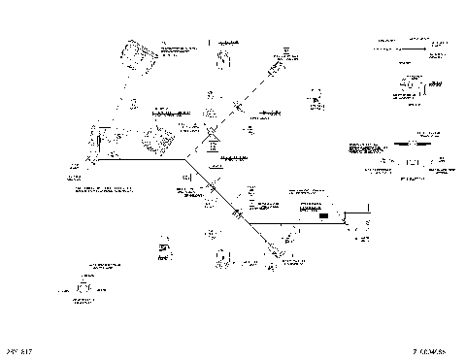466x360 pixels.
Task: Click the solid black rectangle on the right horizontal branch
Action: [x=323, y=216]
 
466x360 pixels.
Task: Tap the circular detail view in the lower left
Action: [x=85, y=288]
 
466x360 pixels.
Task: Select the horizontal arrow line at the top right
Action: [x=402, y=44]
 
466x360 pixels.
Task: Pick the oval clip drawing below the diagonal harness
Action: [x=222, y=258]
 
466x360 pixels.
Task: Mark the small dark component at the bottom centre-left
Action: [x=164, y=251]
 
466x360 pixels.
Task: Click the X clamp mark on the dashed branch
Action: [x=237, y=108]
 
